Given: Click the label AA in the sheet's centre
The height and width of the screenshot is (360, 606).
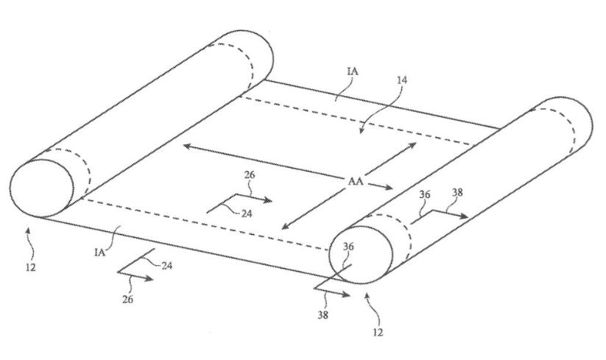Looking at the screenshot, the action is click(356, 181).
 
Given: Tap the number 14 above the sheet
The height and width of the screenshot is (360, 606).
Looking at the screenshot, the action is click(401, 80).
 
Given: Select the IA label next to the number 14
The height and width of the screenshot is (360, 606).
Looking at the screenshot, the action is click(353, 71).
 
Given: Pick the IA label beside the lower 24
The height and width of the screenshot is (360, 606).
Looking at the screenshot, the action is click(100, 253).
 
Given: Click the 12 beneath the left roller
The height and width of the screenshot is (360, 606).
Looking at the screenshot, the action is click(30, 267).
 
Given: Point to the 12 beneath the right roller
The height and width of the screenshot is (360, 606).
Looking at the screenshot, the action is click(378, 332).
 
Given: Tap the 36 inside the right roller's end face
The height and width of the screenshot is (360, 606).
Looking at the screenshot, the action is click(348, 247).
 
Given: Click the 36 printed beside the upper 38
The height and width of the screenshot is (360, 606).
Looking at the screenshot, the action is click(425, 194).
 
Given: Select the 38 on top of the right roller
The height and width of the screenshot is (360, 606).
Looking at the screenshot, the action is click(457, 192).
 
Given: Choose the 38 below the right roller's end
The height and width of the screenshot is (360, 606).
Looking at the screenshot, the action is click(323, 315).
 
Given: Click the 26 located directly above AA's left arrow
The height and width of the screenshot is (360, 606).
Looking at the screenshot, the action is click(250, 174).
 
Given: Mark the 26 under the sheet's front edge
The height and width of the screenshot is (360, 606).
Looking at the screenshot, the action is click(127, 299).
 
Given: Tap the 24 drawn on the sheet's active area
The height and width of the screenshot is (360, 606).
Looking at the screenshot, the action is click(247, 213).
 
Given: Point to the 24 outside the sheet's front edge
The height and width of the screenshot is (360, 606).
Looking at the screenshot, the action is click(166, 265).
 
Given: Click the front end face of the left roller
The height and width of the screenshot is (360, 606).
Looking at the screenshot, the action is click(42, 188).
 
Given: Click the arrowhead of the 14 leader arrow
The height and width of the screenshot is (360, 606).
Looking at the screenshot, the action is click(361, 130).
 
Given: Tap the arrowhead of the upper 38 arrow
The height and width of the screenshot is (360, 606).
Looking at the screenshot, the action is click(464, 216).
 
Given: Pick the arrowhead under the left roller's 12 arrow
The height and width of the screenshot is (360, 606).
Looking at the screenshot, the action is click(27, 230).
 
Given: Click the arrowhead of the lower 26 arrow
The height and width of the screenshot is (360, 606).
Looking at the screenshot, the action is click(149, 278).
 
